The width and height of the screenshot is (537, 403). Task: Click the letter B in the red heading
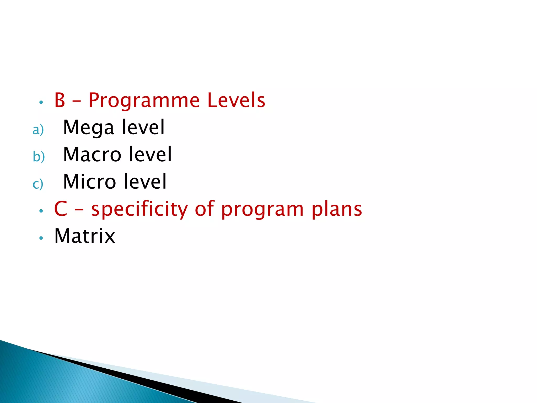[x=60, y=100]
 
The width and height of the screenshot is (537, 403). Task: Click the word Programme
[x=144, y=101]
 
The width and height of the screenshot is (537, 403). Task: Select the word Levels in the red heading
[x=236, y=100]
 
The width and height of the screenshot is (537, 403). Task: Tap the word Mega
[x=89, y=128]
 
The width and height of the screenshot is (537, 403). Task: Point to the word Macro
[x=92, y=155]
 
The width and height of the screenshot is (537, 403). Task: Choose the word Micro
[x=89, y=182]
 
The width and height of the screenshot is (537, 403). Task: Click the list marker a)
[x=38, y=130]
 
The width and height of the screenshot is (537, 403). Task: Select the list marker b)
[x=39, y=157]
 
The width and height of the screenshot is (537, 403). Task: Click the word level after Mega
[x=143, y=127]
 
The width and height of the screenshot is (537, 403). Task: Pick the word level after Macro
[x=150, y=154]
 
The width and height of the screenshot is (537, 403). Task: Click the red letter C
[x=61, y=209]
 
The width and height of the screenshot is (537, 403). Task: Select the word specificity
[x=139, y=210]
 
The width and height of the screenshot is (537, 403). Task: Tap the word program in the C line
[x=262, y=210]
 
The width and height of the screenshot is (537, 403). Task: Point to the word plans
[x=337, y=210]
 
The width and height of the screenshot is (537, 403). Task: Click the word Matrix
[x=85, y=236]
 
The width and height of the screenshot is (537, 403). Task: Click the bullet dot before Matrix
[x=41, y=238]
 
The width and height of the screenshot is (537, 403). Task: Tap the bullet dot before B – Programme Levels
[x=41, y=102]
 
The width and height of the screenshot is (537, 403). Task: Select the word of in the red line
[x=205, y=209]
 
